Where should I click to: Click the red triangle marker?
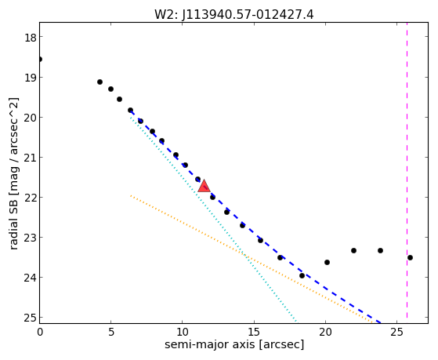click(x=204, y=187)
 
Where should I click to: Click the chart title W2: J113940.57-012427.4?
click(x=234, y=15)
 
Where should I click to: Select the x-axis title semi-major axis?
click(x=234, y=344)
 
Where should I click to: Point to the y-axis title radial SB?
click(x=13, y=173)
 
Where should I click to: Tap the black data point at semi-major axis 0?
click(x=40, y=59)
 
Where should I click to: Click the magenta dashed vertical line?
click(x=407, y=170)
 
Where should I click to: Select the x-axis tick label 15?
click(x=254, y=332)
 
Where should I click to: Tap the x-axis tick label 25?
click(x=396, y=332)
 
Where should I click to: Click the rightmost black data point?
click(x=410, y=257)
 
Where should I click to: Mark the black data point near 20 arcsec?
click(x=327, y=263)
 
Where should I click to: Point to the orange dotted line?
click(x=251, y=259)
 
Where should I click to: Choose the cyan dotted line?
click(x=213, y=220)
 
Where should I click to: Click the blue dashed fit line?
click(x=255, y=217)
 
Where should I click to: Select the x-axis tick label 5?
click(x=111, y=332)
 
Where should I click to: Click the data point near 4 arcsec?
click(x=100, y=82)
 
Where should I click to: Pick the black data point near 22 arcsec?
click(x=353, y=250)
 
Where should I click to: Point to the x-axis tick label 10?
click(x=182, y=332)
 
